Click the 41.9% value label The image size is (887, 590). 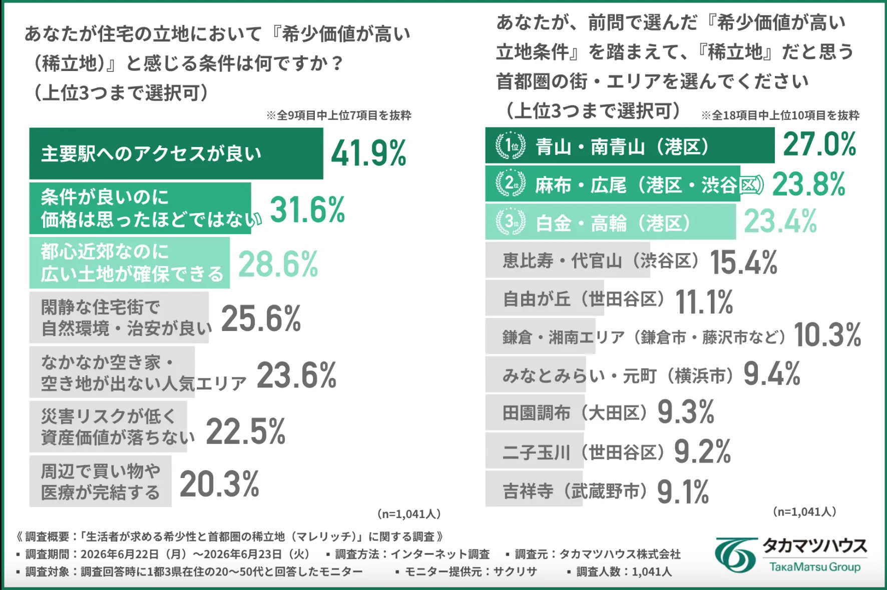click(x=369, y=153)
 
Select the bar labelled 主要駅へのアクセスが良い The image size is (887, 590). click(x=176, y=153)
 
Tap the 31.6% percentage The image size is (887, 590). click(x=307, y=209)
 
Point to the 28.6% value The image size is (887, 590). click(x=278, y=264)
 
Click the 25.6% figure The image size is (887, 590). click(x=261, y=318)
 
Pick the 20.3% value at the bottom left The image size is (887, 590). click(x=219, y=484)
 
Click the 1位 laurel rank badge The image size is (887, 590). click(x=510, y=146)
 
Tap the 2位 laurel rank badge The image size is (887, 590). click(x=510, y=183)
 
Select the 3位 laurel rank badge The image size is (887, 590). click(x=510, y=221)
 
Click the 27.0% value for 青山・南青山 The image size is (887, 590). click(x=819, y=144)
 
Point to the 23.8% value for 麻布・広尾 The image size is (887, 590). click(x=809, y=184)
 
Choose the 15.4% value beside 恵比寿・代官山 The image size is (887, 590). click(x=744, y=262)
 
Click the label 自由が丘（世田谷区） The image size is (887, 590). click(x=584, y=299)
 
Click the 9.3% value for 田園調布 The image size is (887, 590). click(x=686, y=412)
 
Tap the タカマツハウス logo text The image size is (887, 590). click(x=815, y=545)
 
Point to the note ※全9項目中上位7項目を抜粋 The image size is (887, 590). click(x=339, y=115)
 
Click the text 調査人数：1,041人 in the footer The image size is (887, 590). click(x=619, y=571)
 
